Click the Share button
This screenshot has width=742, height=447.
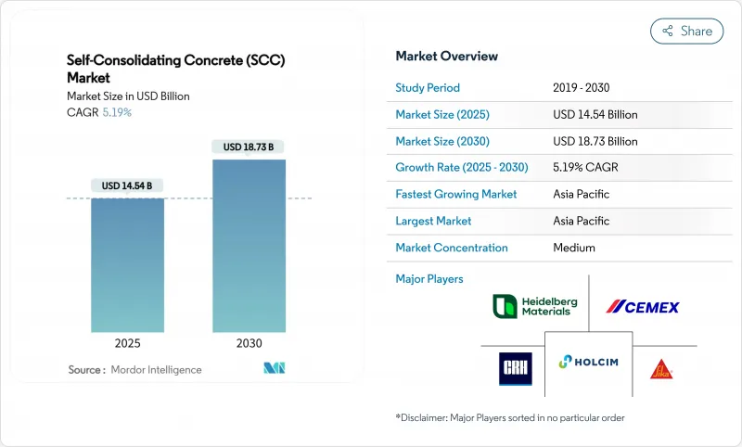point(686,31)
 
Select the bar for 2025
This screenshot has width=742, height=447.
point(128,264)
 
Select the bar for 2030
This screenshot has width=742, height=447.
point(249,246)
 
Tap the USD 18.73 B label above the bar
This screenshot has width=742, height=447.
point(249,147)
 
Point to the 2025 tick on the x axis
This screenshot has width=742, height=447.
point(128,343)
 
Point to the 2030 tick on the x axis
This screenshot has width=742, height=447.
point(249,343)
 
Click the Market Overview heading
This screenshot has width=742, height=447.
point(447,57)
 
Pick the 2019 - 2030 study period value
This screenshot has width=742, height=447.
point(581,88)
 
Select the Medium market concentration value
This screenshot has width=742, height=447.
point(574,248)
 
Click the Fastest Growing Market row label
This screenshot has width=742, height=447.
point(456,195)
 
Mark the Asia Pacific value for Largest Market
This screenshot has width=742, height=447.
point(581,222)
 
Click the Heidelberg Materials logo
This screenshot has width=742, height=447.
point(532,306)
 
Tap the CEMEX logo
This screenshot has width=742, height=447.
point(643,307)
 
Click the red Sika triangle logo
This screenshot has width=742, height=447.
point(660,368)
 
